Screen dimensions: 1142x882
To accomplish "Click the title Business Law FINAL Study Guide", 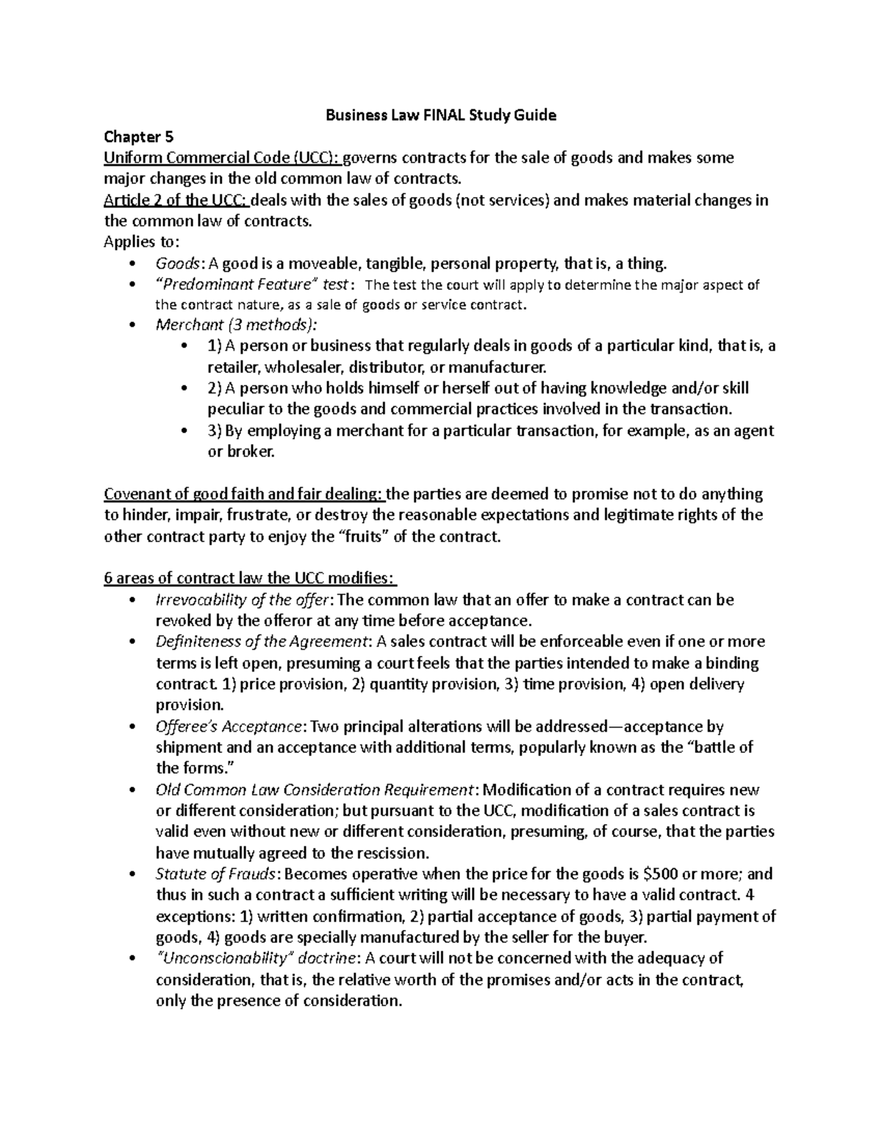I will [x=441, y=115].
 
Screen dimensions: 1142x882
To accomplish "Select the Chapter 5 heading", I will [x=132, y=137].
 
